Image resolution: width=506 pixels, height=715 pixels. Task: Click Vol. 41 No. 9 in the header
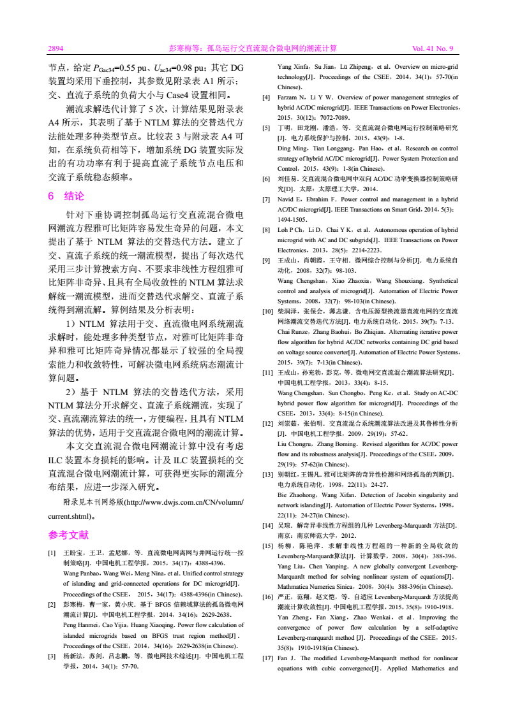click(433, 48)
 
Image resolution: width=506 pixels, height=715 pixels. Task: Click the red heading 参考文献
click(69, 535)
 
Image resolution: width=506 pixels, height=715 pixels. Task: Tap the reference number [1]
click(53, 553)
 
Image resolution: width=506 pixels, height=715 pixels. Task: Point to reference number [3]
click(53, 656)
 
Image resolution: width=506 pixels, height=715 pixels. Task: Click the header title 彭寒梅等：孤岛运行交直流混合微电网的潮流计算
click(253, 48)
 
